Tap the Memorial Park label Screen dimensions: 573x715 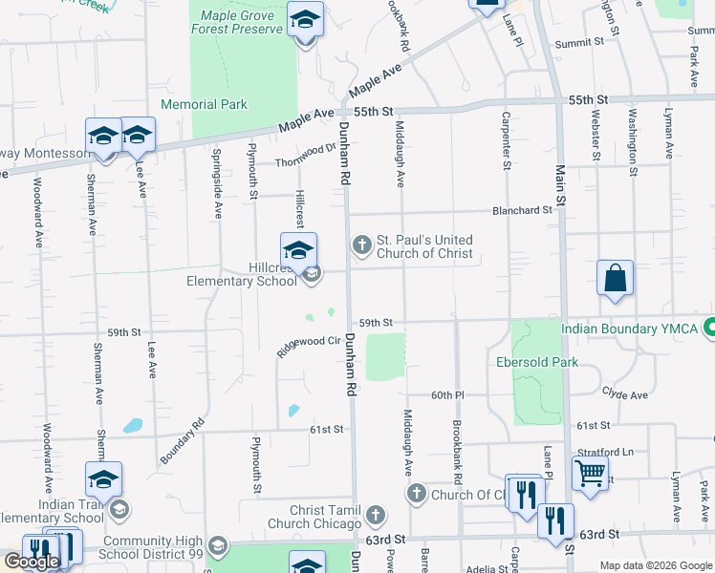click(205, 104)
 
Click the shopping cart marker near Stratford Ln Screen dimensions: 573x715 click(590, 473)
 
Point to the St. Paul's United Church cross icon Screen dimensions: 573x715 click(361, 245)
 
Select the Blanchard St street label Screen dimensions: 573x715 click(522, 209)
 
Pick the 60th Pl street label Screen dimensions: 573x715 click(446, 394)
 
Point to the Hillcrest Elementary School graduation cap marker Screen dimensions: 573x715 click(298, 249)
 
